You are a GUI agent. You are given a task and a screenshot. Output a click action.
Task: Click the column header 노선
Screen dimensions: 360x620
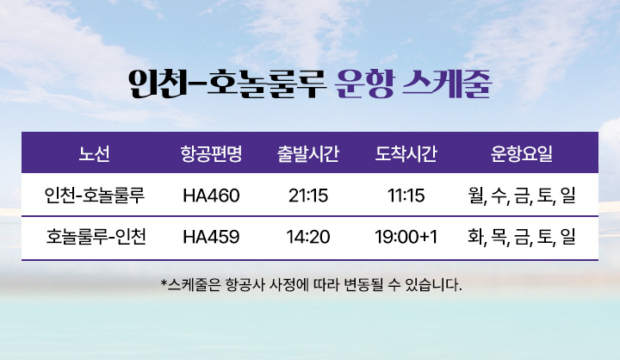click(x=94, y=154)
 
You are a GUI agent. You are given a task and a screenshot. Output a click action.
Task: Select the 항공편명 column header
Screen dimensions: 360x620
click(x=211, y=154)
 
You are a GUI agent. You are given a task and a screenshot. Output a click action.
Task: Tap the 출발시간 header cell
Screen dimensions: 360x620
click(x=307, y=154)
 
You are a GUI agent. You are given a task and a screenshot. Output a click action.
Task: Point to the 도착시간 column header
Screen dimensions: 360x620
click(x=406, y=154)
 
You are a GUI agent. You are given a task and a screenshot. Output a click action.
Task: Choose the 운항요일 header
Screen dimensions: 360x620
click(x=521, y=154)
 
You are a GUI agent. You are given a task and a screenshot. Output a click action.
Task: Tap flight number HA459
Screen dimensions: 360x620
click(x=211, y=235)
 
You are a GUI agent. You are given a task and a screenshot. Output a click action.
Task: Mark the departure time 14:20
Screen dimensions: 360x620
click(x=307, y=235)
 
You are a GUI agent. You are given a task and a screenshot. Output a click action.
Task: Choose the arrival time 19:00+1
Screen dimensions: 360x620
click(x=406, y=235)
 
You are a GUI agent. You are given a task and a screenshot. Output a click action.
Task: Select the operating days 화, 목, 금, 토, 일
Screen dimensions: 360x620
click(x=521, y=235)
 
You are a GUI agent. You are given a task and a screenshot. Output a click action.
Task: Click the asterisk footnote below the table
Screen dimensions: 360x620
click(x=311, y=282)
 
